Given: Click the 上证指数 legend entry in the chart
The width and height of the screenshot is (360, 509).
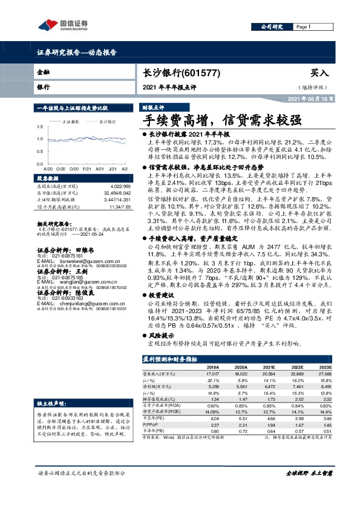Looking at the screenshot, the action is coord(73,122).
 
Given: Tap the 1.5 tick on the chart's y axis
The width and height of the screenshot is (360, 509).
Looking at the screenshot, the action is coord(41,126).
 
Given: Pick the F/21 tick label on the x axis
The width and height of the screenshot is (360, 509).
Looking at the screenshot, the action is coord(87,167).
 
